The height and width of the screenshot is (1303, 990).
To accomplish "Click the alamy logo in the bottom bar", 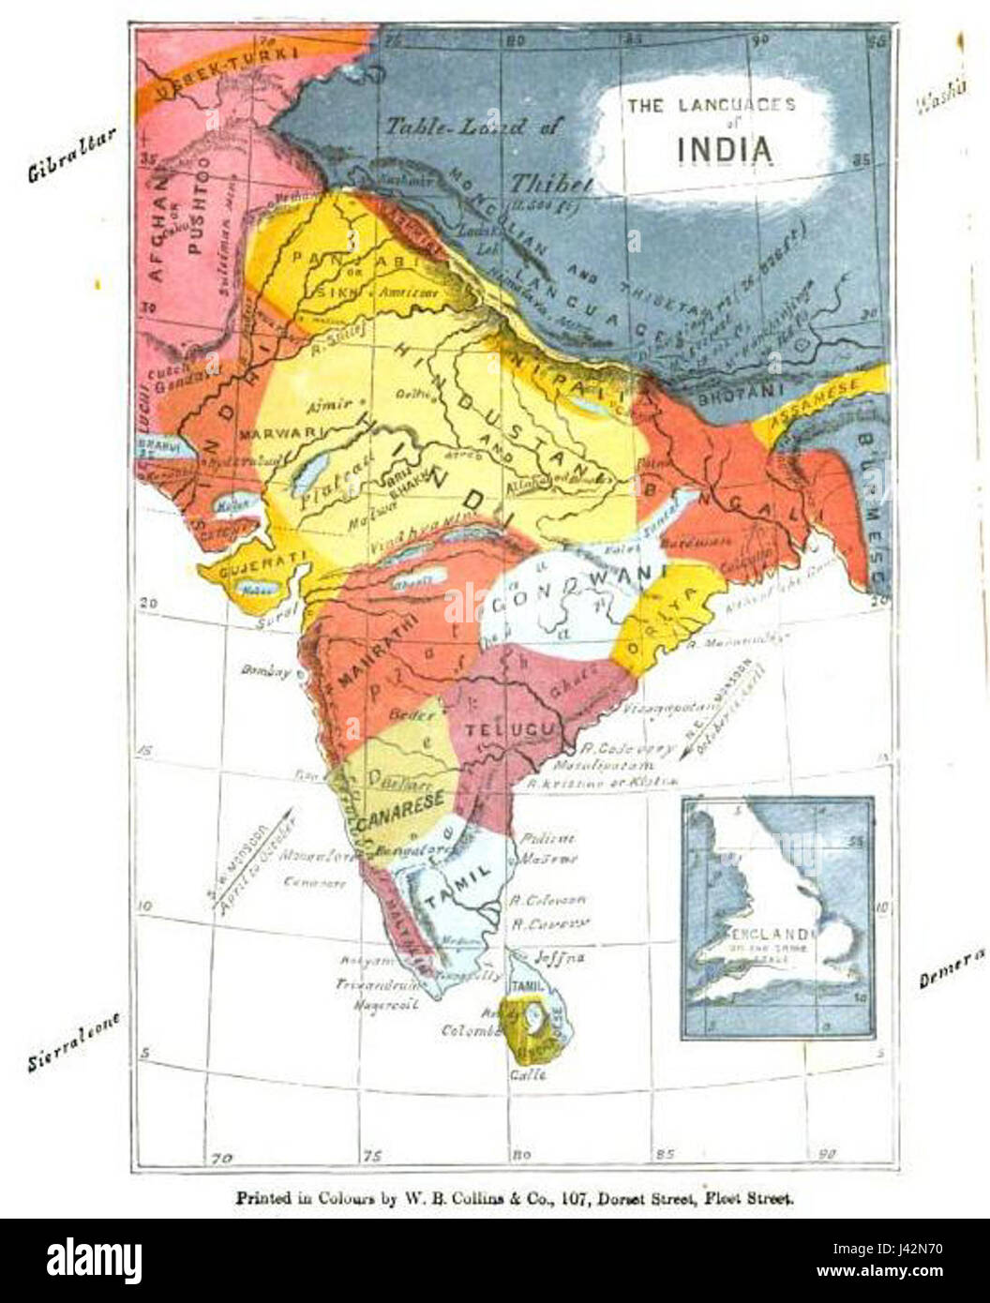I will tap(94, 1258).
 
